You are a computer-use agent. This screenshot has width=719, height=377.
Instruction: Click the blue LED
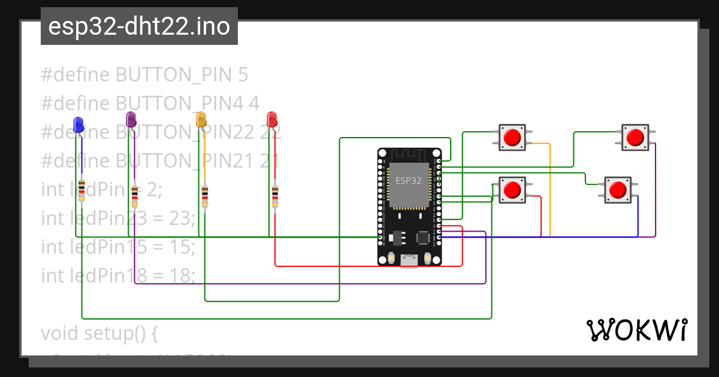[x=78, y=124]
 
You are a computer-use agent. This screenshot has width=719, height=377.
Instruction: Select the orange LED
[x=201, y=118]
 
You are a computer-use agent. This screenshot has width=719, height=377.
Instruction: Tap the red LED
[x=271, y=118]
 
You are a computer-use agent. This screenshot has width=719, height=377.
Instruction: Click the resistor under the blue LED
[x=81, y=193]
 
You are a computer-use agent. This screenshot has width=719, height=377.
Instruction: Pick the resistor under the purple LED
[x=135, y=195]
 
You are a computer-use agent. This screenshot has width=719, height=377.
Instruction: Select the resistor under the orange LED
[x=205, y=195]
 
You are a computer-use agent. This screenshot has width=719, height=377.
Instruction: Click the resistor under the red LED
[x=275, y=195]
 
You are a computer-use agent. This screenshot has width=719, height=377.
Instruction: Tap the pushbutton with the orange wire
[x=512, y=138]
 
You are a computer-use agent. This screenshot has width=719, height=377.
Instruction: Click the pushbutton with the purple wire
[x=634, y=138]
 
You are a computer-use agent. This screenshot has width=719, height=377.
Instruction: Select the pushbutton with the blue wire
[x=617, y=190]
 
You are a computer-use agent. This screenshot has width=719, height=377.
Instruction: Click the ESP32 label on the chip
[x=408, y=180]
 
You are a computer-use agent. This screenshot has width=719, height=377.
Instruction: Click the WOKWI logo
[x=636, y=330]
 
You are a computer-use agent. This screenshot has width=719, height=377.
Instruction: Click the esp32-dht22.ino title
[x=139, y=26]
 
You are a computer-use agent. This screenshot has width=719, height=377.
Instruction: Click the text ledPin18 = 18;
[x=118, y=275]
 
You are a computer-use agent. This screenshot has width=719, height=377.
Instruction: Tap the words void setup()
[x=99, y=333]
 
